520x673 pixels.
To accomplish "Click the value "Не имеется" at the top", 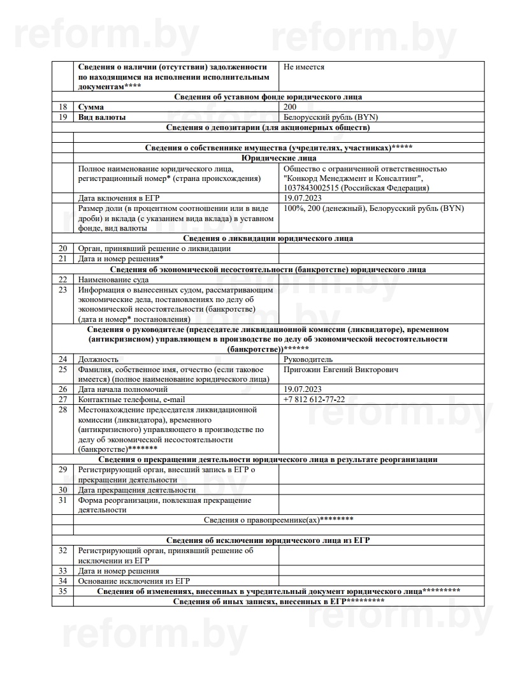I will point(305,67).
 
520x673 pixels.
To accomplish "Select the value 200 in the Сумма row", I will point(291,107).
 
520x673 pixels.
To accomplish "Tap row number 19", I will point(62,117).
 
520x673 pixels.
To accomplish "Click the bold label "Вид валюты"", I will point(101,117).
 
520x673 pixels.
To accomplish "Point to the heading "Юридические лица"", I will point(278,158).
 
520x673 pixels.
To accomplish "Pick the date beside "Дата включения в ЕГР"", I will point(303,199).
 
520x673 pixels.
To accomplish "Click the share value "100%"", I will point(294,208).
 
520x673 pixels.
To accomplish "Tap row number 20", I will point(62,249).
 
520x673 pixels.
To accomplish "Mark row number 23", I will point(62,289).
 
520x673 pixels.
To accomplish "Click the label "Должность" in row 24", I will point(97,359).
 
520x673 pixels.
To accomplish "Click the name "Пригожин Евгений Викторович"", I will point(341,370).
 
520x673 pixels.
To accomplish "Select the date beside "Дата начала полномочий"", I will point(303,389).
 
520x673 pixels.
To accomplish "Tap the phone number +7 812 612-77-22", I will point(314,399).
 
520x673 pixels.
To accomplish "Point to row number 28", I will point(62,409).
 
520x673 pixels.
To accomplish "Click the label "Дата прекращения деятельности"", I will point(136,490).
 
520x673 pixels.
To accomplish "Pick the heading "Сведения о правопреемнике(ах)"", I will point(278,520).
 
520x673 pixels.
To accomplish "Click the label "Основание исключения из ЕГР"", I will point(134,581).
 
